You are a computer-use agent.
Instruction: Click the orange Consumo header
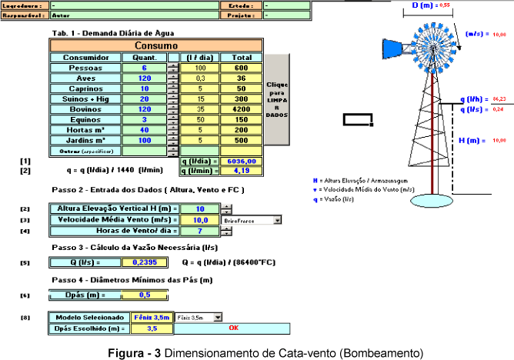[156, 46]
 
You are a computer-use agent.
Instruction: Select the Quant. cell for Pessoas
[144, 68]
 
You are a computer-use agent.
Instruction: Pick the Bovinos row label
[85, 109]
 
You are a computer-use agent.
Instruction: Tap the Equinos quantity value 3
[144, 120]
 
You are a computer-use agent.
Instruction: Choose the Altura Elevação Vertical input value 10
[200, 208]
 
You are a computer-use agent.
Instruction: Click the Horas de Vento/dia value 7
[200, 231]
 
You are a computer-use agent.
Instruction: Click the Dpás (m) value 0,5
[145, 294]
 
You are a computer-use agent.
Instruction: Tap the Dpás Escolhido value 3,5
[152, 328]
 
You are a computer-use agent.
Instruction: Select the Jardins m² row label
[85, 141]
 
